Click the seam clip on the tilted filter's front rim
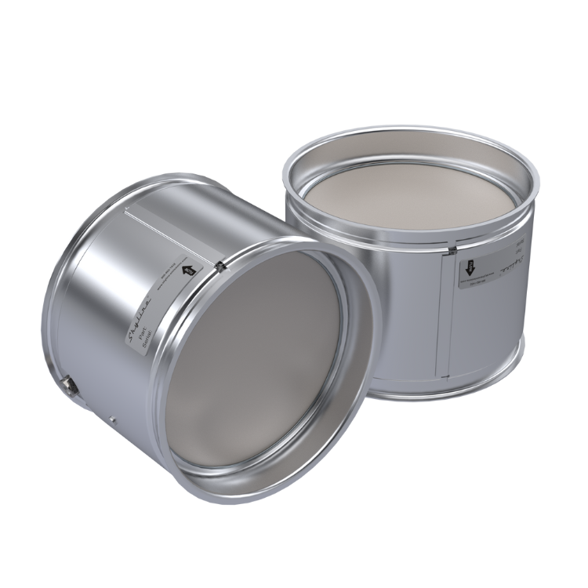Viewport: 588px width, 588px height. point(221,265)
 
